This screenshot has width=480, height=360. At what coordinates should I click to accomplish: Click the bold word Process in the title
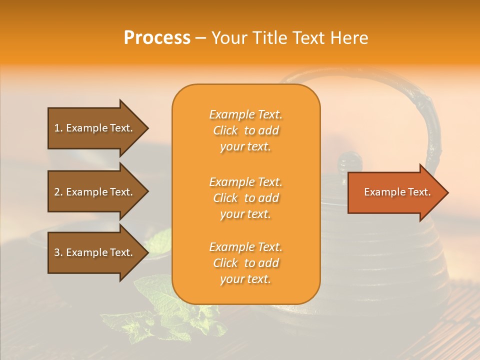click(x=157, y=38)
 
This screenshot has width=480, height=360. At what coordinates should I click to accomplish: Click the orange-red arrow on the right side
click(x=395, y=192)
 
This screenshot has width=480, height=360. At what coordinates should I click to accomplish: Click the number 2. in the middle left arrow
click(x=58, y=192)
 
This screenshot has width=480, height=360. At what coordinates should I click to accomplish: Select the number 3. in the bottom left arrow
click(x=58, y=252)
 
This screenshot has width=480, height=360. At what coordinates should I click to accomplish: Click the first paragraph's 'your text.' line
click(x=245, y=147)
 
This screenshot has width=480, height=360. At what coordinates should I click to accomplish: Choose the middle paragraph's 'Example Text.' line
click(x=245, y=182)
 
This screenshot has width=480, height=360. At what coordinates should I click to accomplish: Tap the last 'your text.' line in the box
click(x=245, y=279)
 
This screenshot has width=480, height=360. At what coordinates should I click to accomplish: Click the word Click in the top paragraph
click(x=225, y=131)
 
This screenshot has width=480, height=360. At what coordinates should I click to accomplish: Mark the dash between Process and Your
click(x=200, y=38)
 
